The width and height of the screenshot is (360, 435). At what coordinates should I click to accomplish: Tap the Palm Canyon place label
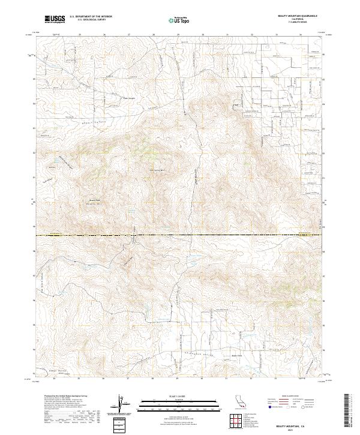[130, 98]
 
